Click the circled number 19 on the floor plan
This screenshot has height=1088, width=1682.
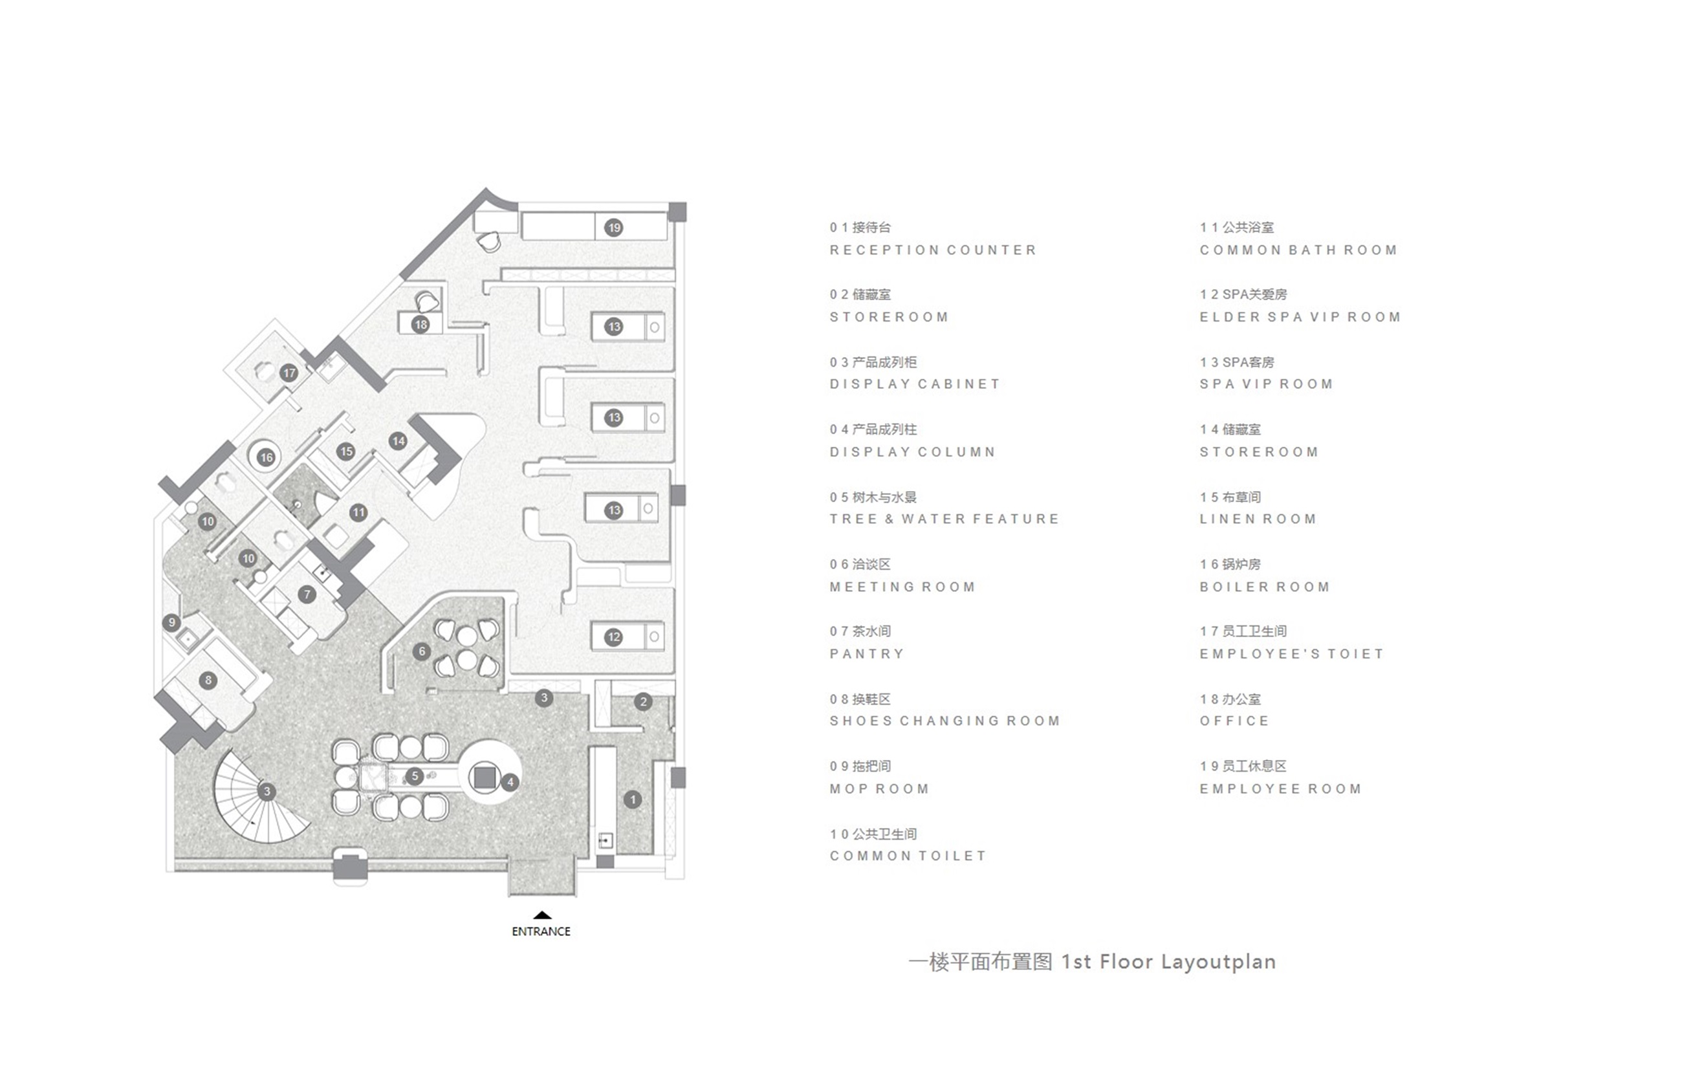(613, 228)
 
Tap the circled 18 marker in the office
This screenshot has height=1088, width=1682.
(421, 324)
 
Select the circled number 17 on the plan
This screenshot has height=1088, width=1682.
(289, 373)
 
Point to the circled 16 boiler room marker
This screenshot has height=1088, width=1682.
(266, 457)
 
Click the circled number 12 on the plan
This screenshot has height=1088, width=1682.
(613, 637)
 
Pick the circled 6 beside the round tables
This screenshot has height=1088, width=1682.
(422, 651)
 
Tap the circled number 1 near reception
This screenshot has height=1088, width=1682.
(632, 800)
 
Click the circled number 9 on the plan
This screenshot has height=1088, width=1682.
(171, 622)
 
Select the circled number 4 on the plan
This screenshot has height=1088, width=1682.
(510, 781)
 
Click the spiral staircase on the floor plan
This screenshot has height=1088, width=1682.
(262, 796)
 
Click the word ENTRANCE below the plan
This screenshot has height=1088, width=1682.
(541, 931)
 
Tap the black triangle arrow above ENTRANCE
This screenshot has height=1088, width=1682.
(542, 915)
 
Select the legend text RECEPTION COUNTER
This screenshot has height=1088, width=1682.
(932, 250)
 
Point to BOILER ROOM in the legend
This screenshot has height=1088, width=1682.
(1265, 587)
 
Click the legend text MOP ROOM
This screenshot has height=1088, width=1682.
(879, 789)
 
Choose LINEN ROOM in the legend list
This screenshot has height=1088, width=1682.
(1258, 519)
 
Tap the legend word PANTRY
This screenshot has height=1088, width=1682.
(867, 654)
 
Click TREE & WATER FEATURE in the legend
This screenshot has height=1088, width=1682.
(945, 519)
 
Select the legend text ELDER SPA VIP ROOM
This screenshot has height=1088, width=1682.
(1300, 317)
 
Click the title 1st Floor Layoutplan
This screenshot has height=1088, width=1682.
(1168, 961)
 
